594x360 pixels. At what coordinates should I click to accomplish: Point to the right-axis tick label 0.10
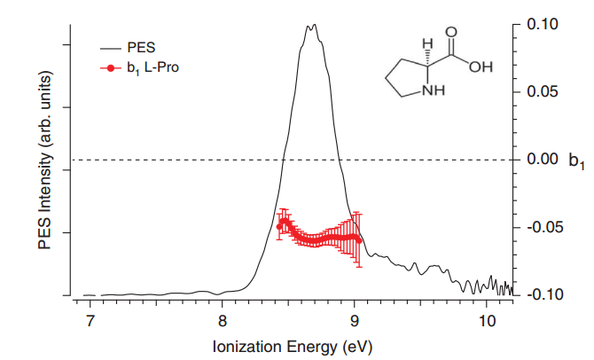[543, 24]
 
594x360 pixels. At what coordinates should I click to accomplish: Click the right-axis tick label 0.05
[543, 91]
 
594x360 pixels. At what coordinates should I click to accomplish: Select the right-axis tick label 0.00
[543, 160]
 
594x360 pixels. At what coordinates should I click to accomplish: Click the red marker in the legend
[109, 68]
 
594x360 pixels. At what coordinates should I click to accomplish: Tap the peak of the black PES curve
[310, 26]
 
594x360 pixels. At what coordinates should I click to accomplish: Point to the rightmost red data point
[358, 239]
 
